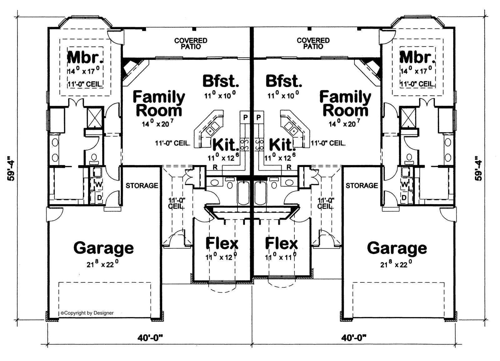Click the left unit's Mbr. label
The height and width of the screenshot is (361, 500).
[x=85, y=57]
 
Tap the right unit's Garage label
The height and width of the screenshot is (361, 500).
[x=397, y=248]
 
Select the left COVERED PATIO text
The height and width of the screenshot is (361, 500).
[x=191, y=43]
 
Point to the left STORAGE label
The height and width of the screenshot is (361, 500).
[x=142, y=186]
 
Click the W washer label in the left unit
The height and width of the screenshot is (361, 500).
[x=98, y=184]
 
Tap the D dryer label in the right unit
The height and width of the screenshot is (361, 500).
[x=404, y=198]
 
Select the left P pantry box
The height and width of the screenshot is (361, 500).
[x=245, y=118]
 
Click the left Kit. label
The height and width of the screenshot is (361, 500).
[x=226, y=145]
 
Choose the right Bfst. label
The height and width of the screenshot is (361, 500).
[x=284, y=81]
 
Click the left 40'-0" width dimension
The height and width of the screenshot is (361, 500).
[x=150, y=338]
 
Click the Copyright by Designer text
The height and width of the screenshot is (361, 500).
[x=87, y=313]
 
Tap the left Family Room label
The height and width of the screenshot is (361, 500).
[x=159, y=104]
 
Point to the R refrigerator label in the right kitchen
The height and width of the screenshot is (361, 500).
[x=289, y=167]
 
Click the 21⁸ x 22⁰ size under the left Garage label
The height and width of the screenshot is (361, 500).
[x=102, y=264]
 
